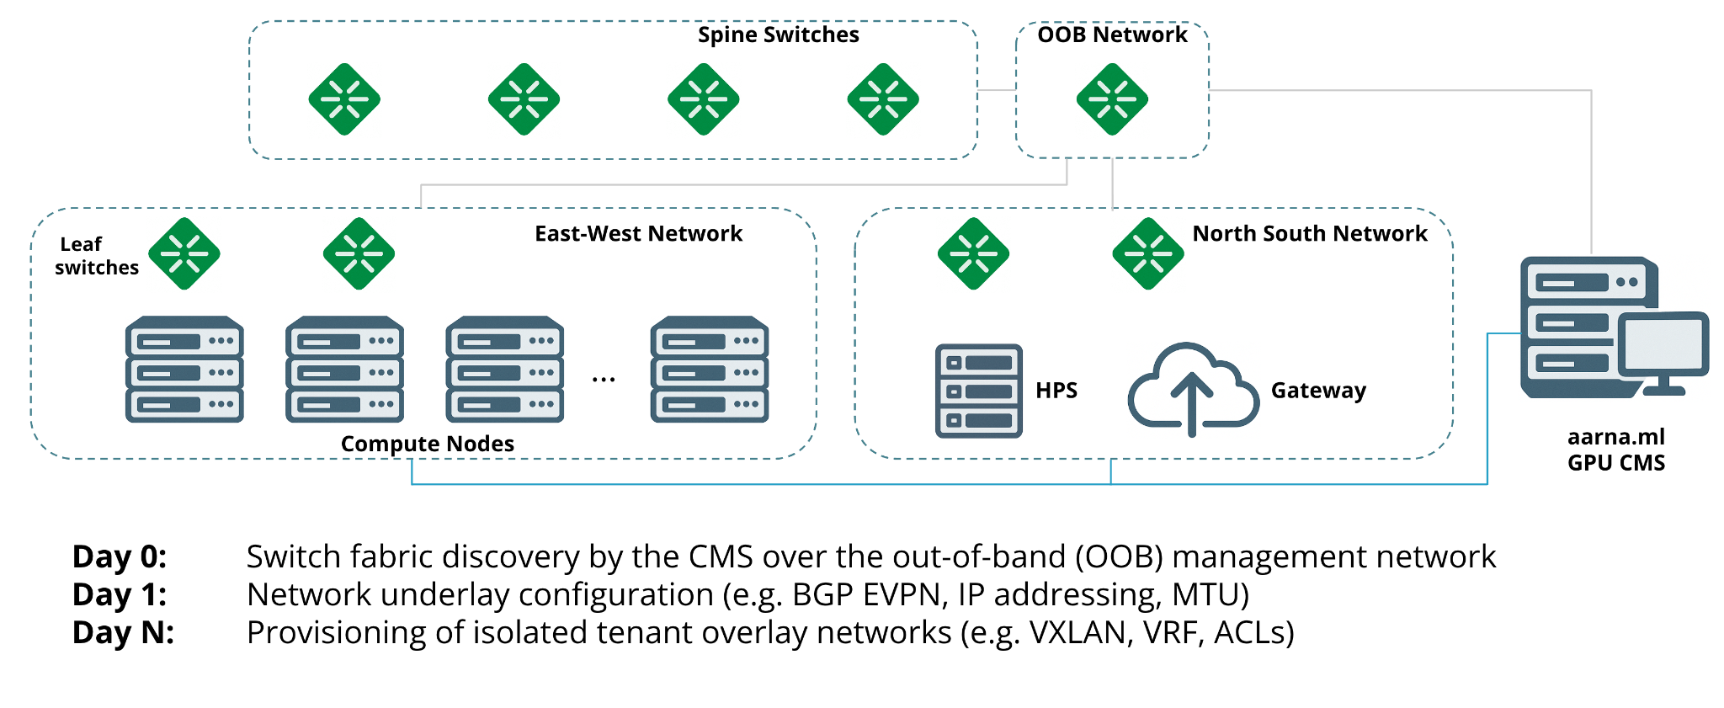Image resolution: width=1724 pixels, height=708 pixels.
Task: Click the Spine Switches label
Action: point(778,35)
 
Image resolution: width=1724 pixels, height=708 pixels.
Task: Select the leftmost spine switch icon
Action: point(344,99)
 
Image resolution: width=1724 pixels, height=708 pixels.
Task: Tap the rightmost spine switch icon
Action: point(882,99)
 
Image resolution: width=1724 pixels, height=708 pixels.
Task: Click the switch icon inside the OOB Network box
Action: point(1112,99)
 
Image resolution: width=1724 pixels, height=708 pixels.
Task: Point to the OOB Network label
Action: point(1111,35)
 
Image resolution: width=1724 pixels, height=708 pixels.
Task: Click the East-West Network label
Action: point(638,233)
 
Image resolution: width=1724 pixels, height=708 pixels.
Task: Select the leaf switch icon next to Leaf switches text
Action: point(184,253)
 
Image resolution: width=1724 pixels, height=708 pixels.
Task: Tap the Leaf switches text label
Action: point(95,256)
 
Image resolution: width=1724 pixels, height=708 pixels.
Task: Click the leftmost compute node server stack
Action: point(184,370)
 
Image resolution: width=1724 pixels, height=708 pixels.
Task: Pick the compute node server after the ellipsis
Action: point(710,370)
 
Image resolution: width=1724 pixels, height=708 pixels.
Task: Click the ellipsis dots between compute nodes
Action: point(604,381)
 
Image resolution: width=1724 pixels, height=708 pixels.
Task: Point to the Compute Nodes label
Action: point(427,444)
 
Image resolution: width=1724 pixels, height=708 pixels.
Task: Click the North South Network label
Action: point(1309,233)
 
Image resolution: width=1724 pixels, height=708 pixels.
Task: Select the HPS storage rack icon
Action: point(978,391)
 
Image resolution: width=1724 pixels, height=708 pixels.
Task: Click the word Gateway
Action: point(1318,391)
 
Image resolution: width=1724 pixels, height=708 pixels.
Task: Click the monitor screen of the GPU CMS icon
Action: point(1663,344)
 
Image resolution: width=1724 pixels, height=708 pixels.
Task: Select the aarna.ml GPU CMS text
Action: point(1615,450)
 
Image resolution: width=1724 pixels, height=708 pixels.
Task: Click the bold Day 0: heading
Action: point(120,556)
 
